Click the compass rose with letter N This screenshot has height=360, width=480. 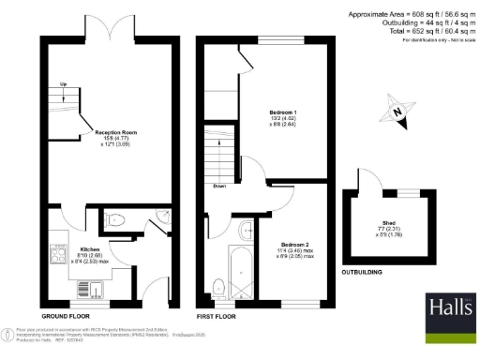pyautogui.click(x=397, y=113)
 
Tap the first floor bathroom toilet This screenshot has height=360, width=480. pyautogui.click(x=217, y=286)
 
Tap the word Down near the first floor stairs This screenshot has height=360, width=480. pyautogui.click(x=218, y=185)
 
